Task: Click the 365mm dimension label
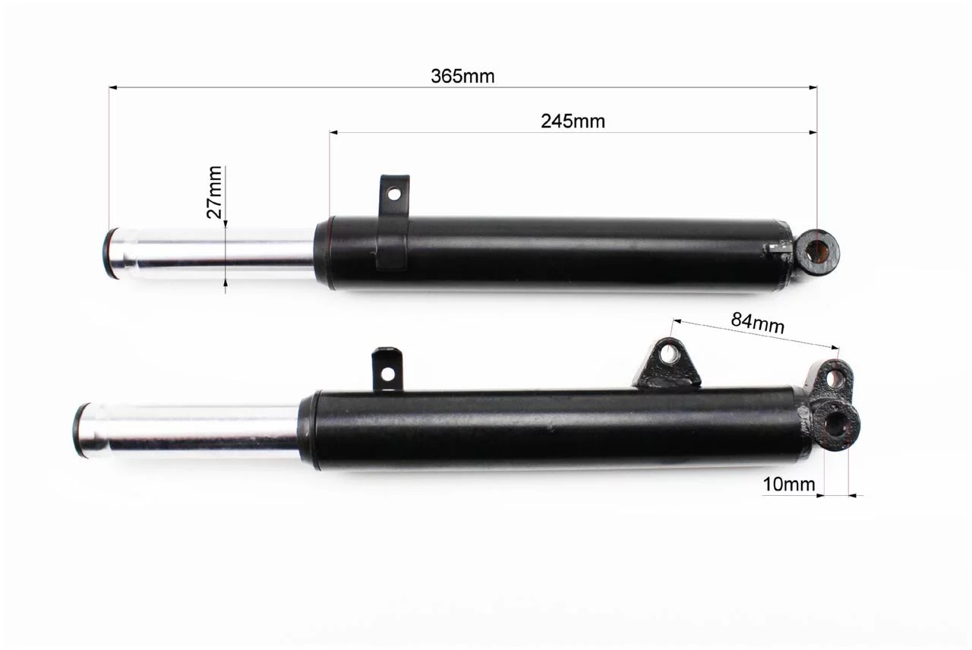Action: pyautogui.click(x=462, y=77)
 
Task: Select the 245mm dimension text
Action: pyautogui.click(x=573, y=121)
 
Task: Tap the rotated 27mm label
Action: pyautogui.click(x=214, y=192)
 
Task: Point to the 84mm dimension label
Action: pyautogui.click(x=758, y=323)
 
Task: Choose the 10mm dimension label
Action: pyautogui.click(x=789, y=484)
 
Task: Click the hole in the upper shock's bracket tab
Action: pyautogui.click(x=394, y=194)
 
